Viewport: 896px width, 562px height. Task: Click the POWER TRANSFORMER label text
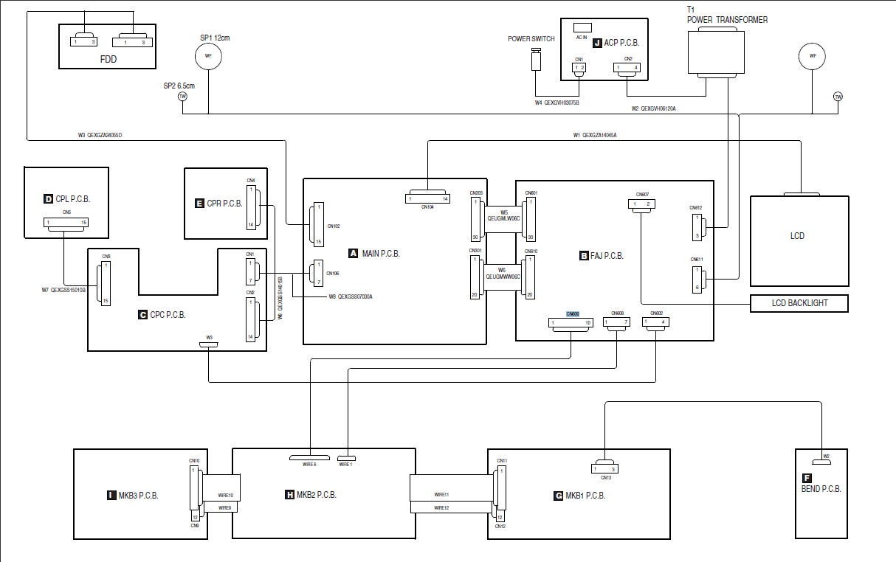[x=727, y=20]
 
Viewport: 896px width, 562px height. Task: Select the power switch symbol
[x=537, y=59]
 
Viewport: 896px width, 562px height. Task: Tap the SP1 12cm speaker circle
[x=208, y=56]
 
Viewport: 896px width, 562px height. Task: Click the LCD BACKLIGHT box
[x=799, y=303]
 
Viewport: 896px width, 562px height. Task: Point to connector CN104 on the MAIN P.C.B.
[x=428, y=198]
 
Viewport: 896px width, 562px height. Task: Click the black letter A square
[x=353, y=254]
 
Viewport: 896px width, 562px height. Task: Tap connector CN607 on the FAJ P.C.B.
[x=641, y=204]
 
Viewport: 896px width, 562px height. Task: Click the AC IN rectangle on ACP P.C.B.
[x=582, y=27]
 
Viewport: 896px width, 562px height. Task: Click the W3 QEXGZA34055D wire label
[x=100, y=135]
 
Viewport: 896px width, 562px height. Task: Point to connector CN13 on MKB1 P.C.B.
[x=605, y=468]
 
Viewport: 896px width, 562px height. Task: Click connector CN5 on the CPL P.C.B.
[x=65, y=222]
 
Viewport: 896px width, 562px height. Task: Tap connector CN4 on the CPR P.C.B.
[x=251, y=207]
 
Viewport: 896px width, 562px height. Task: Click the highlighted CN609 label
[x=573, y=313]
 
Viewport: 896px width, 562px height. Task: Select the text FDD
[x=108, y=59]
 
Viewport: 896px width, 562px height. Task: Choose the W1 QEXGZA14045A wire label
[x=595, y=135]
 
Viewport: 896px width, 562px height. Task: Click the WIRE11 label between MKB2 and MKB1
[x=441, y=495]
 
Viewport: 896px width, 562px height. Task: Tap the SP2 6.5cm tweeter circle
[x=182, y=97]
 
